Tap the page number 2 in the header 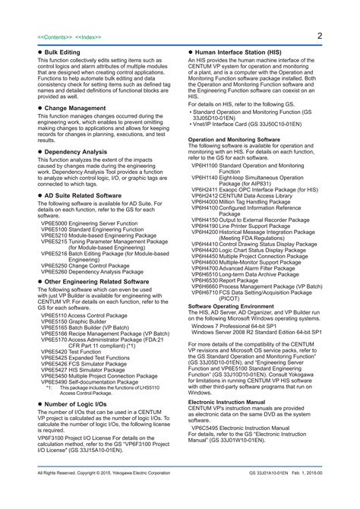321,35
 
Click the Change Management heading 74,108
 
